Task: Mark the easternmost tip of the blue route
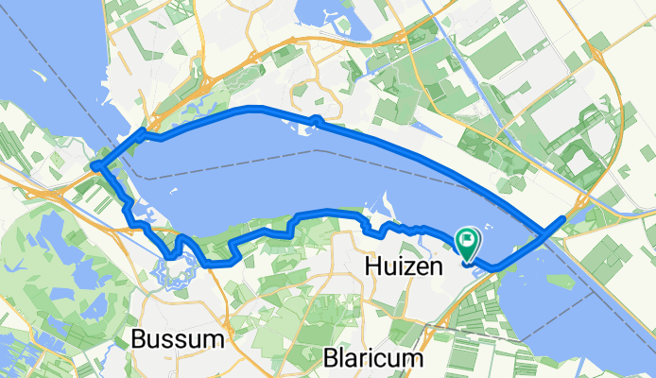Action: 564,218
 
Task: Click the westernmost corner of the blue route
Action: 95,168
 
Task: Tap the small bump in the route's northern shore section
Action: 315,119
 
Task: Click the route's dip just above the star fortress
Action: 172,254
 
